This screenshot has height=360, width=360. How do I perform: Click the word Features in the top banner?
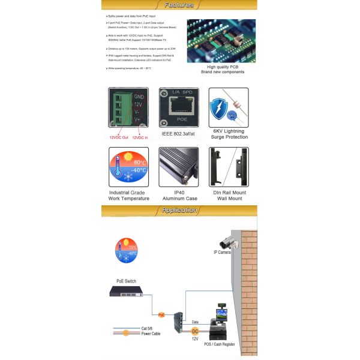[x=179, y=5]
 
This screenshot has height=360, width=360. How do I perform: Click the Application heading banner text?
[x=179, y=210]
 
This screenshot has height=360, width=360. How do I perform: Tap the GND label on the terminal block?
[x=138, y=96]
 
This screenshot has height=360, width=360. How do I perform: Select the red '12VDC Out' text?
[x=119, y=137]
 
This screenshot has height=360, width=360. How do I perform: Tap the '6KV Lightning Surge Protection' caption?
[x=227, y=133]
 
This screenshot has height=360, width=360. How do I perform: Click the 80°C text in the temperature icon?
[x=139, y=163]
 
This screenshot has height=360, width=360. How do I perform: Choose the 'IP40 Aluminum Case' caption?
[x=178, y=195]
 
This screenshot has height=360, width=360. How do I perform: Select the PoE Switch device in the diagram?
[x=127, y=291]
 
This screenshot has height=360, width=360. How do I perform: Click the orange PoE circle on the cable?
[x=161, y=314]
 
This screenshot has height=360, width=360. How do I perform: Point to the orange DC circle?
[x=195, y=331]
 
